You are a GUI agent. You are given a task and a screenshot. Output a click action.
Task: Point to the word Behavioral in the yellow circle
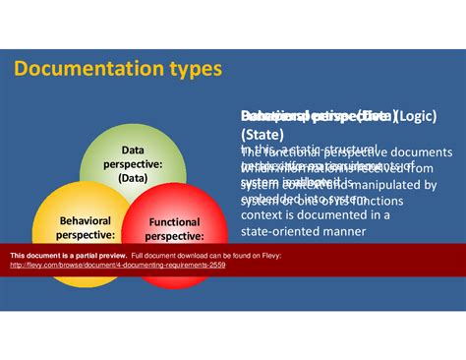(x=85, y=221)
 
